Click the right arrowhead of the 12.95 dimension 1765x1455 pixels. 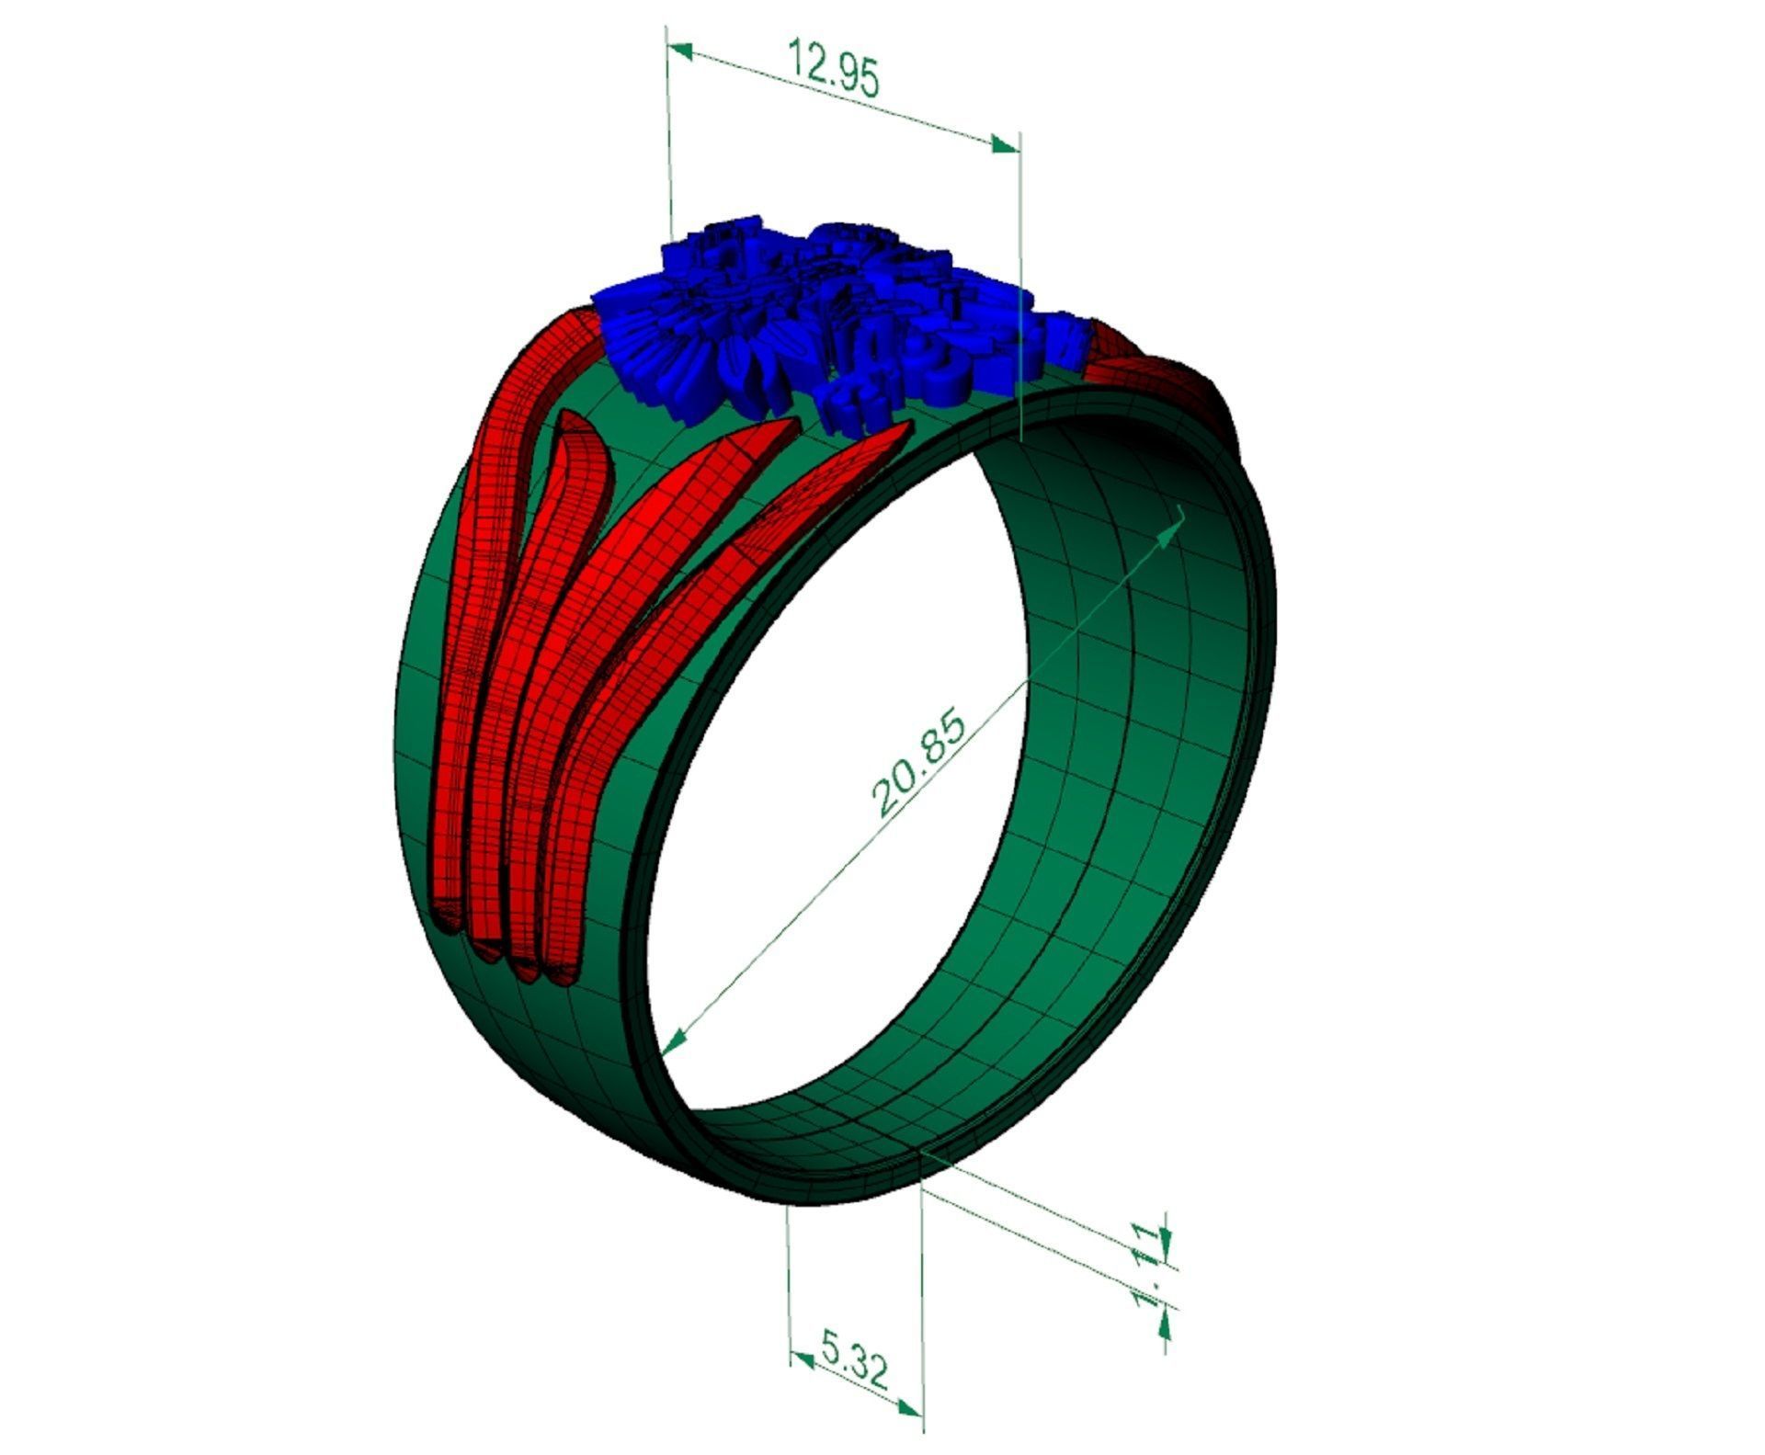[x=1007, y=145]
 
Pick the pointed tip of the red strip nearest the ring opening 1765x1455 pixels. [x=901, y=427]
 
